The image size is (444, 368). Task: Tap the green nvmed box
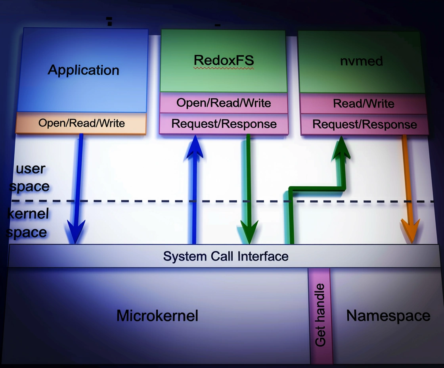(361, 61)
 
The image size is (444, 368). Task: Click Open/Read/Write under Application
(81, 123)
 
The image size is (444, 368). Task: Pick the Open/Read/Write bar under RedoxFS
(224, 103)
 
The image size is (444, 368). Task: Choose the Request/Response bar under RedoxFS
(224, 124)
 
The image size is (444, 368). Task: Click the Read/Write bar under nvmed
(363, 104)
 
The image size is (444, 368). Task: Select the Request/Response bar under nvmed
(364, 125)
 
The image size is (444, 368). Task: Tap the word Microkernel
(157, 316)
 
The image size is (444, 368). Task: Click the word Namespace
(388, 316)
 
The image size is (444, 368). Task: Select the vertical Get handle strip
(320, 315)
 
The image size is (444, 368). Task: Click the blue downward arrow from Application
(78, 186)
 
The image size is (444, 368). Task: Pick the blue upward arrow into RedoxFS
(194, 190)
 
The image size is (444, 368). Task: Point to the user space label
(30, 178)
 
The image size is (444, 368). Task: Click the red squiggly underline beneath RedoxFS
(224, 68)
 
